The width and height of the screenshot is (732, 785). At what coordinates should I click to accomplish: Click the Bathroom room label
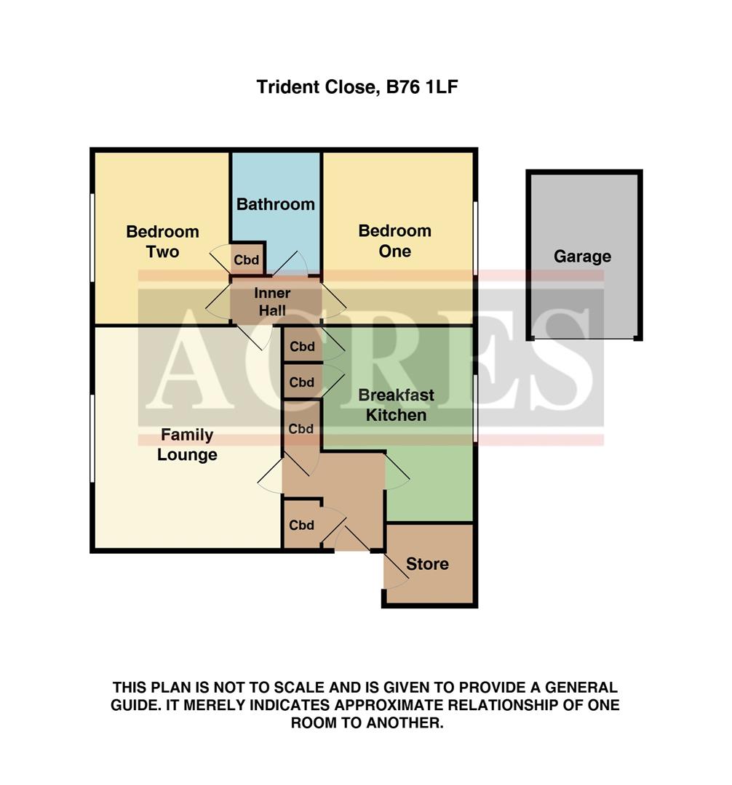(x=276, y=204)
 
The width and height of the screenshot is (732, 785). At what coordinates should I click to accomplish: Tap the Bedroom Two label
(x=162, y=242)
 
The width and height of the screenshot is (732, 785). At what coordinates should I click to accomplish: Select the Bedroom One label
(x=395, y=241)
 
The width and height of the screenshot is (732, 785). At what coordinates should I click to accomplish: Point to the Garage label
(x=582, y=257)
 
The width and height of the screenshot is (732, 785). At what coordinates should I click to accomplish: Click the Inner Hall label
(x=271, y=302)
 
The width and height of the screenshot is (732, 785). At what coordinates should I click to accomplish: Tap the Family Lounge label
(x=187, y=445)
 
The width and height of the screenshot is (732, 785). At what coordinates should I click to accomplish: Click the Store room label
(x=427, y=564)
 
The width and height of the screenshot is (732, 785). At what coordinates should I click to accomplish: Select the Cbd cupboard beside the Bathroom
(x=247, y=259)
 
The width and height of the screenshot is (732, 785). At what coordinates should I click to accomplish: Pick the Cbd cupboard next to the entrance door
(x=301, y=526)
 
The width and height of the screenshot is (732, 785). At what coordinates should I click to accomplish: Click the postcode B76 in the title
(x=402, y=88)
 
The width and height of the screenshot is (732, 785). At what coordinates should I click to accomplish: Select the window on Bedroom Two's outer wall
(x=92, y=237)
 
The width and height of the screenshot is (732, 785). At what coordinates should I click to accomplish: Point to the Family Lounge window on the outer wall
(x=92, y=438)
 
